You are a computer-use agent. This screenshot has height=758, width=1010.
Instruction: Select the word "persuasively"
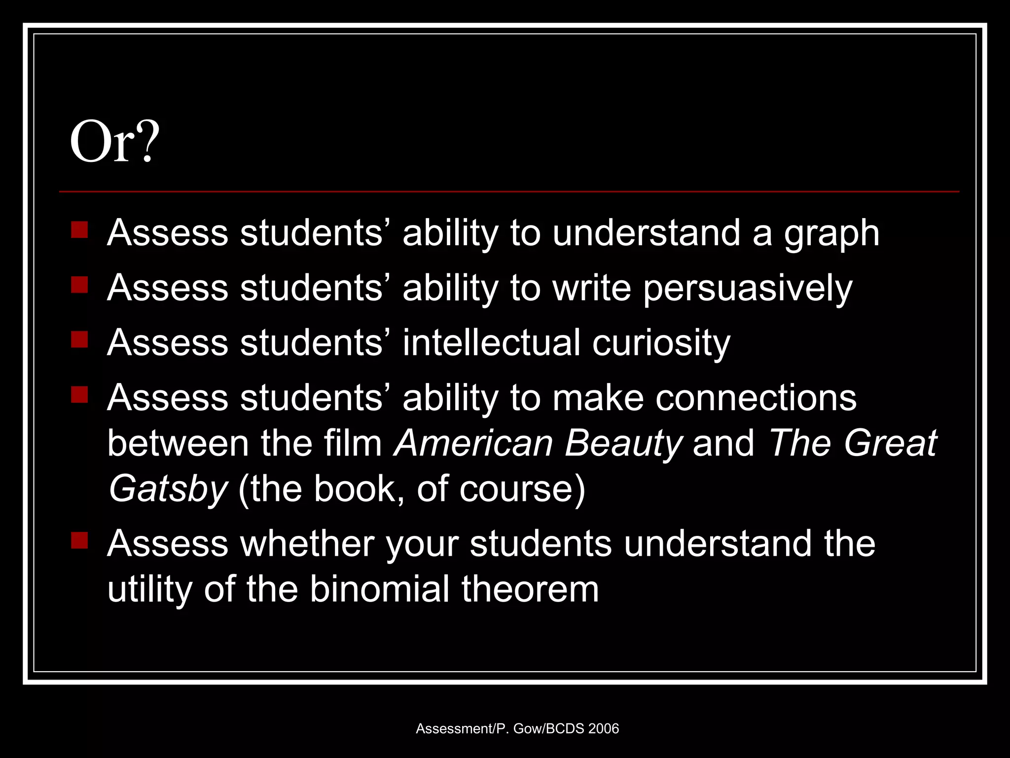tap(748, 288)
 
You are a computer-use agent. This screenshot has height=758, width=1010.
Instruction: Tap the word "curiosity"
tap(661, 342)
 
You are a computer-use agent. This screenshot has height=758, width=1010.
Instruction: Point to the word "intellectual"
tap(491, 342)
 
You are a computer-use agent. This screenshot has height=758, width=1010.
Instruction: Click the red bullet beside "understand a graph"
tap(79, 230)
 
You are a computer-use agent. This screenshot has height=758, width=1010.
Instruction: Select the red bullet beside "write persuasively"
tap(79, 285)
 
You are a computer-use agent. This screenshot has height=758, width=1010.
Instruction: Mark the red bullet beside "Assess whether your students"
tap(79, 540)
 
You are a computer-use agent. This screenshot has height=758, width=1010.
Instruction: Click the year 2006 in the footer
tap(603, 728)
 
